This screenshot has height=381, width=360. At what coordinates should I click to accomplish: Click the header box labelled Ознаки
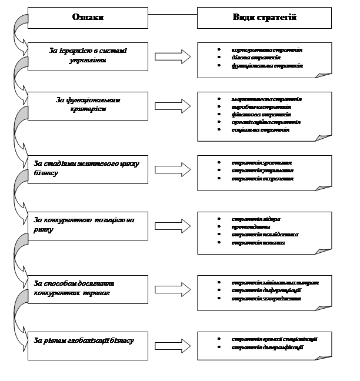tap(88, 18)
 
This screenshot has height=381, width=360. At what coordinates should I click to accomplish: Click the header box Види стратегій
tap(265, 18)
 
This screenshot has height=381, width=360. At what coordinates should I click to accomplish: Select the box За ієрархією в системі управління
tap(88, 56)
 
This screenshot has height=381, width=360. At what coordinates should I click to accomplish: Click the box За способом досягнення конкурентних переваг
tap(88, 288)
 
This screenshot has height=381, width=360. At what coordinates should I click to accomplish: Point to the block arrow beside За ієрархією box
tap(172, 56)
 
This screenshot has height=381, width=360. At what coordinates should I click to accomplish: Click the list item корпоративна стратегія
tap(266, 50)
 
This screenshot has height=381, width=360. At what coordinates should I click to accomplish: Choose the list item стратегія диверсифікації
tap(268, 347)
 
